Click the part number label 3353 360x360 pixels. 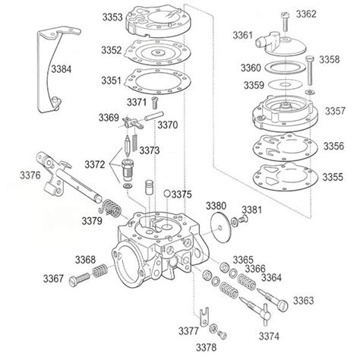[112, 17]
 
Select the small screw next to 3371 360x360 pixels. [154, 103]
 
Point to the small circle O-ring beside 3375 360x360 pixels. [167, 194]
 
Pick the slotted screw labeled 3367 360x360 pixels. [79, 279]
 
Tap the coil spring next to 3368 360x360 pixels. [99, 271]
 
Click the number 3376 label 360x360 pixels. [30, 175]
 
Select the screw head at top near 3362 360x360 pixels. [285, 15]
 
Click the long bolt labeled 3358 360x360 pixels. [310, 70]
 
